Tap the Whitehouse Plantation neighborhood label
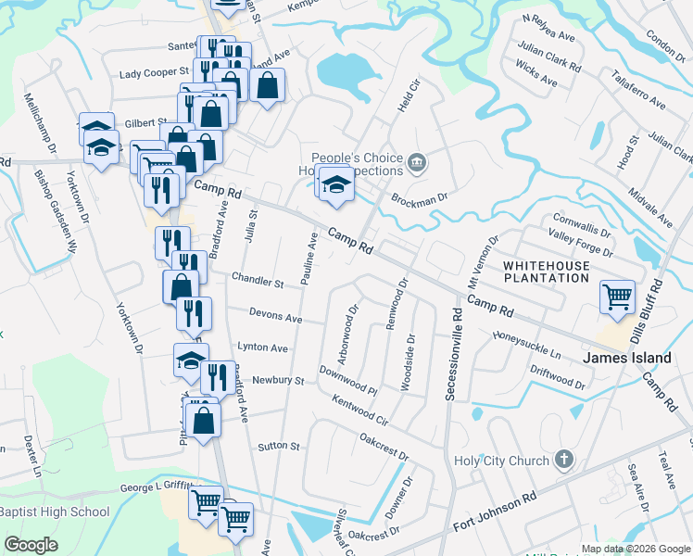point(559,272)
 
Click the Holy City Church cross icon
point(564,460)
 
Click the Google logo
point(31,545)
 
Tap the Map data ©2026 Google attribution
point(635,549)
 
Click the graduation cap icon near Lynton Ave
point(191,360)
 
